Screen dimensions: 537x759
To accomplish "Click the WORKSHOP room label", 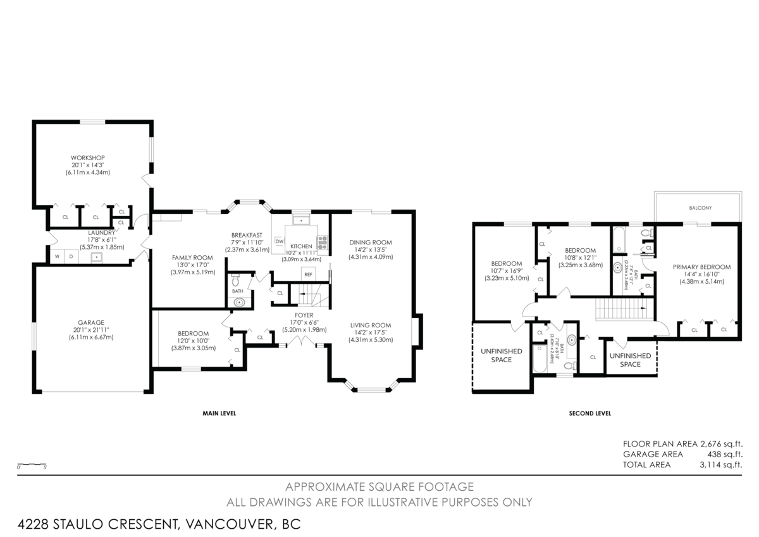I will (x=87, y=158).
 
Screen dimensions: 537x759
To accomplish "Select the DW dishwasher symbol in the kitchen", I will (x=279, y=241).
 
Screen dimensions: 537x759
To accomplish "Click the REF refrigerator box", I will (x=308, y=274).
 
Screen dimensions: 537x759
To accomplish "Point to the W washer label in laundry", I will (x=57, y=256).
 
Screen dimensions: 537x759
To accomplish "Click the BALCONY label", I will (x=700, y=208).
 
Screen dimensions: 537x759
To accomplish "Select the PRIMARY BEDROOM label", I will (x=701, y=267).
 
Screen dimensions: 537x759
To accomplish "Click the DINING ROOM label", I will (x=371, y=242).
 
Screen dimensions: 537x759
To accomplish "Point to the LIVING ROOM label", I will (x=371, y=325).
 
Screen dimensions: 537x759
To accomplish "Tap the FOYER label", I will (x=304, y=315).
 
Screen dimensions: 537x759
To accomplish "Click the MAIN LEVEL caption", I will (x=219, y=414).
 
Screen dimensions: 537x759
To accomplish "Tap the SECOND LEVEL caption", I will (x=589, y=414).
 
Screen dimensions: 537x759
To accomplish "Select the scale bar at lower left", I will (x=32, y=464).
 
